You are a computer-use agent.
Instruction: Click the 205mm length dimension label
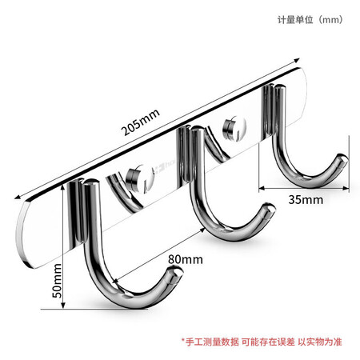[x=141, y=122]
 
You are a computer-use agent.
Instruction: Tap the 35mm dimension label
[x=306, y=200]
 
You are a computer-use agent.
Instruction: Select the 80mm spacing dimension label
[x=186, y=259]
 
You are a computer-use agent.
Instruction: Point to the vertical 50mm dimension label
[x=57, y=281]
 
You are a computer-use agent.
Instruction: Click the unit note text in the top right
[x=310, y=20]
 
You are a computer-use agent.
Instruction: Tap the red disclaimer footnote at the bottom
[x=262, y=342]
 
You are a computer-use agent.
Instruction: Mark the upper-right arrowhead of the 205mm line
[x=297, y=60]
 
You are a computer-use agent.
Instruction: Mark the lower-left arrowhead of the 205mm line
[x=18, y=197]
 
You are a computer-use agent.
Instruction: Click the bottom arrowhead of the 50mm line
[x=63, y=306]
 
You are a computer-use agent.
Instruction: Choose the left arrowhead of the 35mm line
[x=262, y=188]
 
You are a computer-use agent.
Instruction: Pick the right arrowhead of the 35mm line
[x=346, y=188]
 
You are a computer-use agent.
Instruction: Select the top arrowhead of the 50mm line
[x=63, y=187]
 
